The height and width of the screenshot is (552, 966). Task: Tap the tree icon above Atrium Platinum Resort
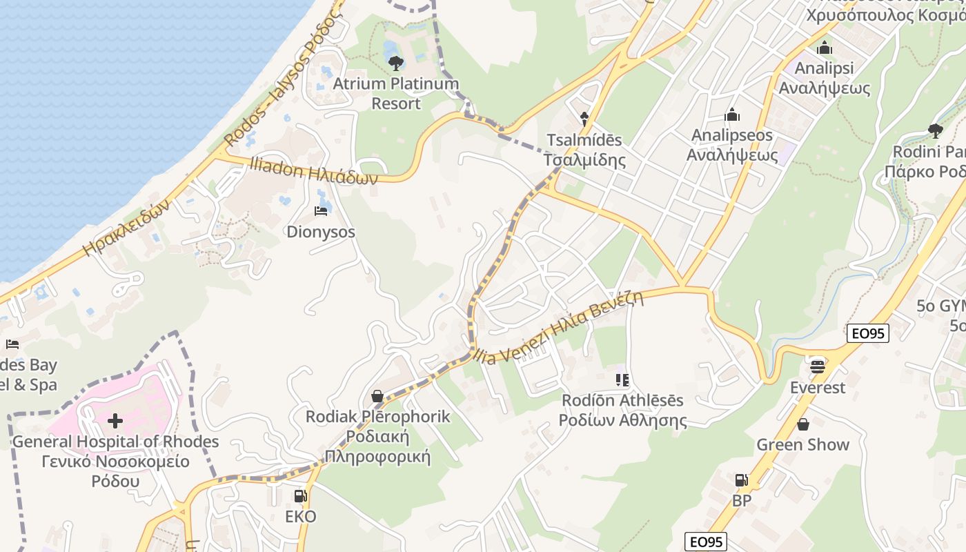tap(396, 63)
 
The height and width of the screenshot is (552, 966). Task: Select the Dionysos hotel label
tap(321, 232)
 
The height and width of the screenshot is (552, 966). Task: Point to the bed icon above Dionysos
tap(321, 210)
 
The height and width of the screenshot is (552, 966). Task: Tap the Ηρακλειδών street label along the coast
tap(126, 228)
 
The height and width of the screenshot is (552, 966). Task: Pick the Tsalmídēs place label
tap(584, 150)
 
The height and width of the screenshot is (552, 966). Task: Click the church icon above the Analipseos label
tap(732, 115)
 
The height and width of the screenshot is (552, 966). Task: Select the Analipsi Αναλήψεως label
tap(824, 78)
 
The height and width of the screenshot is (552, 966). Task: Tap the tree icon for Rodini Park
tap(935, 130)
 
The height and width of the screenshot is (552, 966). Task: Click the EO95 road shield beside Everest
tap(868, 333)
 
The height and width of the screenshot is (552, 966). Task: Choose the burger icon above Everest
tap(818, 366)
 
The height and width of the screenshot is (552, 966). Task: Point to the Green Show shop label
tap(802, 444)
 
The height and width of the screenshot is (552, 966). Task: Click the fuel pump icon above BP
tap(742, 480)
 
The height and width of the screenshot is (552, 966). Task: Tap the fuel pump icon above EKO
tap(300, 495)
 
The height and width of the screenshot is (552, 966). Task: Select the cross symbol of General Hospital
tap(115, 420)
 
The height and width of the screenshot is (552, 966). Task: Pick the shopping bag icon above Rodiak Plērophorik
tap(377, 396)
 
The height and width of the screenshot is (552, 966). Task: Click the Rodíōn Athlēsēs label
tap(622, 411)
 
